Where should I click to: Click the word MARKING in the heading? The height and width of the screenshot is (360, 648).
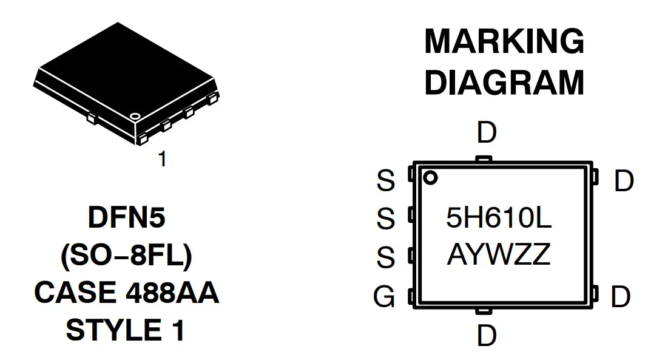(504, 41)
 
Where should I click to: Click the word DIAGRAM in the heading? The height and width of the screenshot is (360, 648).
(504, 83)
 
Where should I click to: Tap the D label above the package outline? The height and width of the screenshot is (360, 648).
(487, 132)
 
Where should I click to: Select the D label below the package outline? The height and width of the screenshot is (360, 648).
(487, 336)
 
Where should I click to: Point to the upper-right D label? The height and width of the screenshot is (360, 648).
(624, 181)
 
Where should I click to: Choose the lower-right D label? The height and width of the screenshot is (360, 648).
(621, 297)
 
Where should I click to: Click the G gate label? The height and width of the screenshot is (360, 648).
(384, 297)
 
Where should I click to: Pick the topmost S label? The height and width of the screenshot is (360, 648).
(385, 181)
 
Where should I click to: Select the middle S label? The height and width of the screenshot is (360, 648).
(385, 219)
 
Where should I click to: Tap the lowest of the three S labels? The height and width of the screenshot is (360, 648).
(385, 258)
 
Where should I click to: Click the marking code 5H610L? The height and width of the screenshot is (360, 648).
(499, 219)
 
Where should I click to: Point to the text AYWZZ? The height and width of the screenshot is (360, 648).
(499, 255)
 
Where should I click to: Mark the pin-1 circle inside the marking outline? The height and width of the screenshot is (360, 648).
(430, 178)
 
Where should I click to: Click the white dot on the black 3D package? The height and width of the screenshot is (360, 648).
(135, 115)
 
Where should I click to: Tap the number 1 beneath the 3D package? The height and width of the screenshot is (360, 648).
(162, 159)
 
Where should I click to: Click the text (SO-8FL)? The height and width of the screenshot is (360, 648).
(126, 256)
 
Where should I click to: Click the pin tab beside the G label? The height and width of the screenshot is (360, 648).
(411, 296)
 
